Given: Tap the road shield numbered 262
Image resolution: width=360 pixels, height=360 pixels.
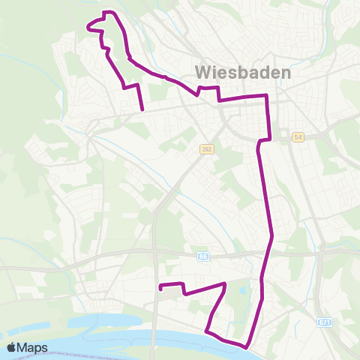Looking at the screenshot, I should pyautogui.click(x=207, y=150).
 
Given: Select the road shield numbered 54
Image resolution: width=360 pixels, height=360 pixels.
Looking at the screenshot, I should pyautogui.click(x=298, y=137).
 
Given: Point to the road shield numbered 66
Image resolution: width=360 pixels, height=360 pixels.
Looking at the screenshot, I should pyautogui.click(x=203, y=256).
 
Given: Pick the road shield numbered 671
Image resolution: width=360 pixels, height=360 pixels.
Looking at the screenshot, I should pyautogui.click(x=324, y=322).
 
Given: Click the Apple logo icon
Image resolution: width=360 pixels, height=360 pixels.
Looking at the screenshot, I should pyautogui.click(x=12, y=347).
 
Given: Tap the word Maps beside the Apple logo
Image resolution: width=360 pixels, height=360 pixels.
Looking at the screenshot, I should pyautogui.click(x=33, y=347).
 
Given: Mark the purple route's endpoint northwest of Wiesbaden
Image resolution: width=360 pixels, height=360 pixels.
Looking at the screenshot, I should pyautogui.click(x=142, y=110).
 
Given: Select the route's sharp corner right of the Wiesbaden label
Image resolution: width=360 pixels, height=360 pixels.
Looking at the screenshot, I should pyautogui.click(x=267, y=96).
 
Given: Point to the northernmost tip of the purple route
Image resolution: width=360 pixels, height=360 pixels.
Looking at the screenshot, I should pyautogui.click(x=110, y=12).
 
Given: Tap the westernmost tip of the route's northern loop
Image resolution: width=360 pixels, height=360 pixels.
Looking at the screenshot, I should pyautogui.click(x=89, y=28).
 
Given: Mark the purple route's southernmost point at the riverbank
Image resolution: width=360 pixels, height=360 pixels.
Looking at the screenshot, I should pyautogui.click(x=245, y=347).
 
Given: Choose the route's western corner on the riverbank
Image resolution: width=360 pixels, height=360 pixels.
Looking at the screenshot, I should pyautogui.click(x=206, y=329).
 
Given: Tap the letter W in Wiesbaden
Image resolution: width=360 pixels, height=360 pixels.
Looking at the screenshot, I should pyautogui.click(x=203, y=73).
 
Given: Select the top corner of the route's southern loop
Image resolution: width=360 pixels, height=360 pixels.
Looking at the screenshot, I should pyautogui.click(x=225, y=283).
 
